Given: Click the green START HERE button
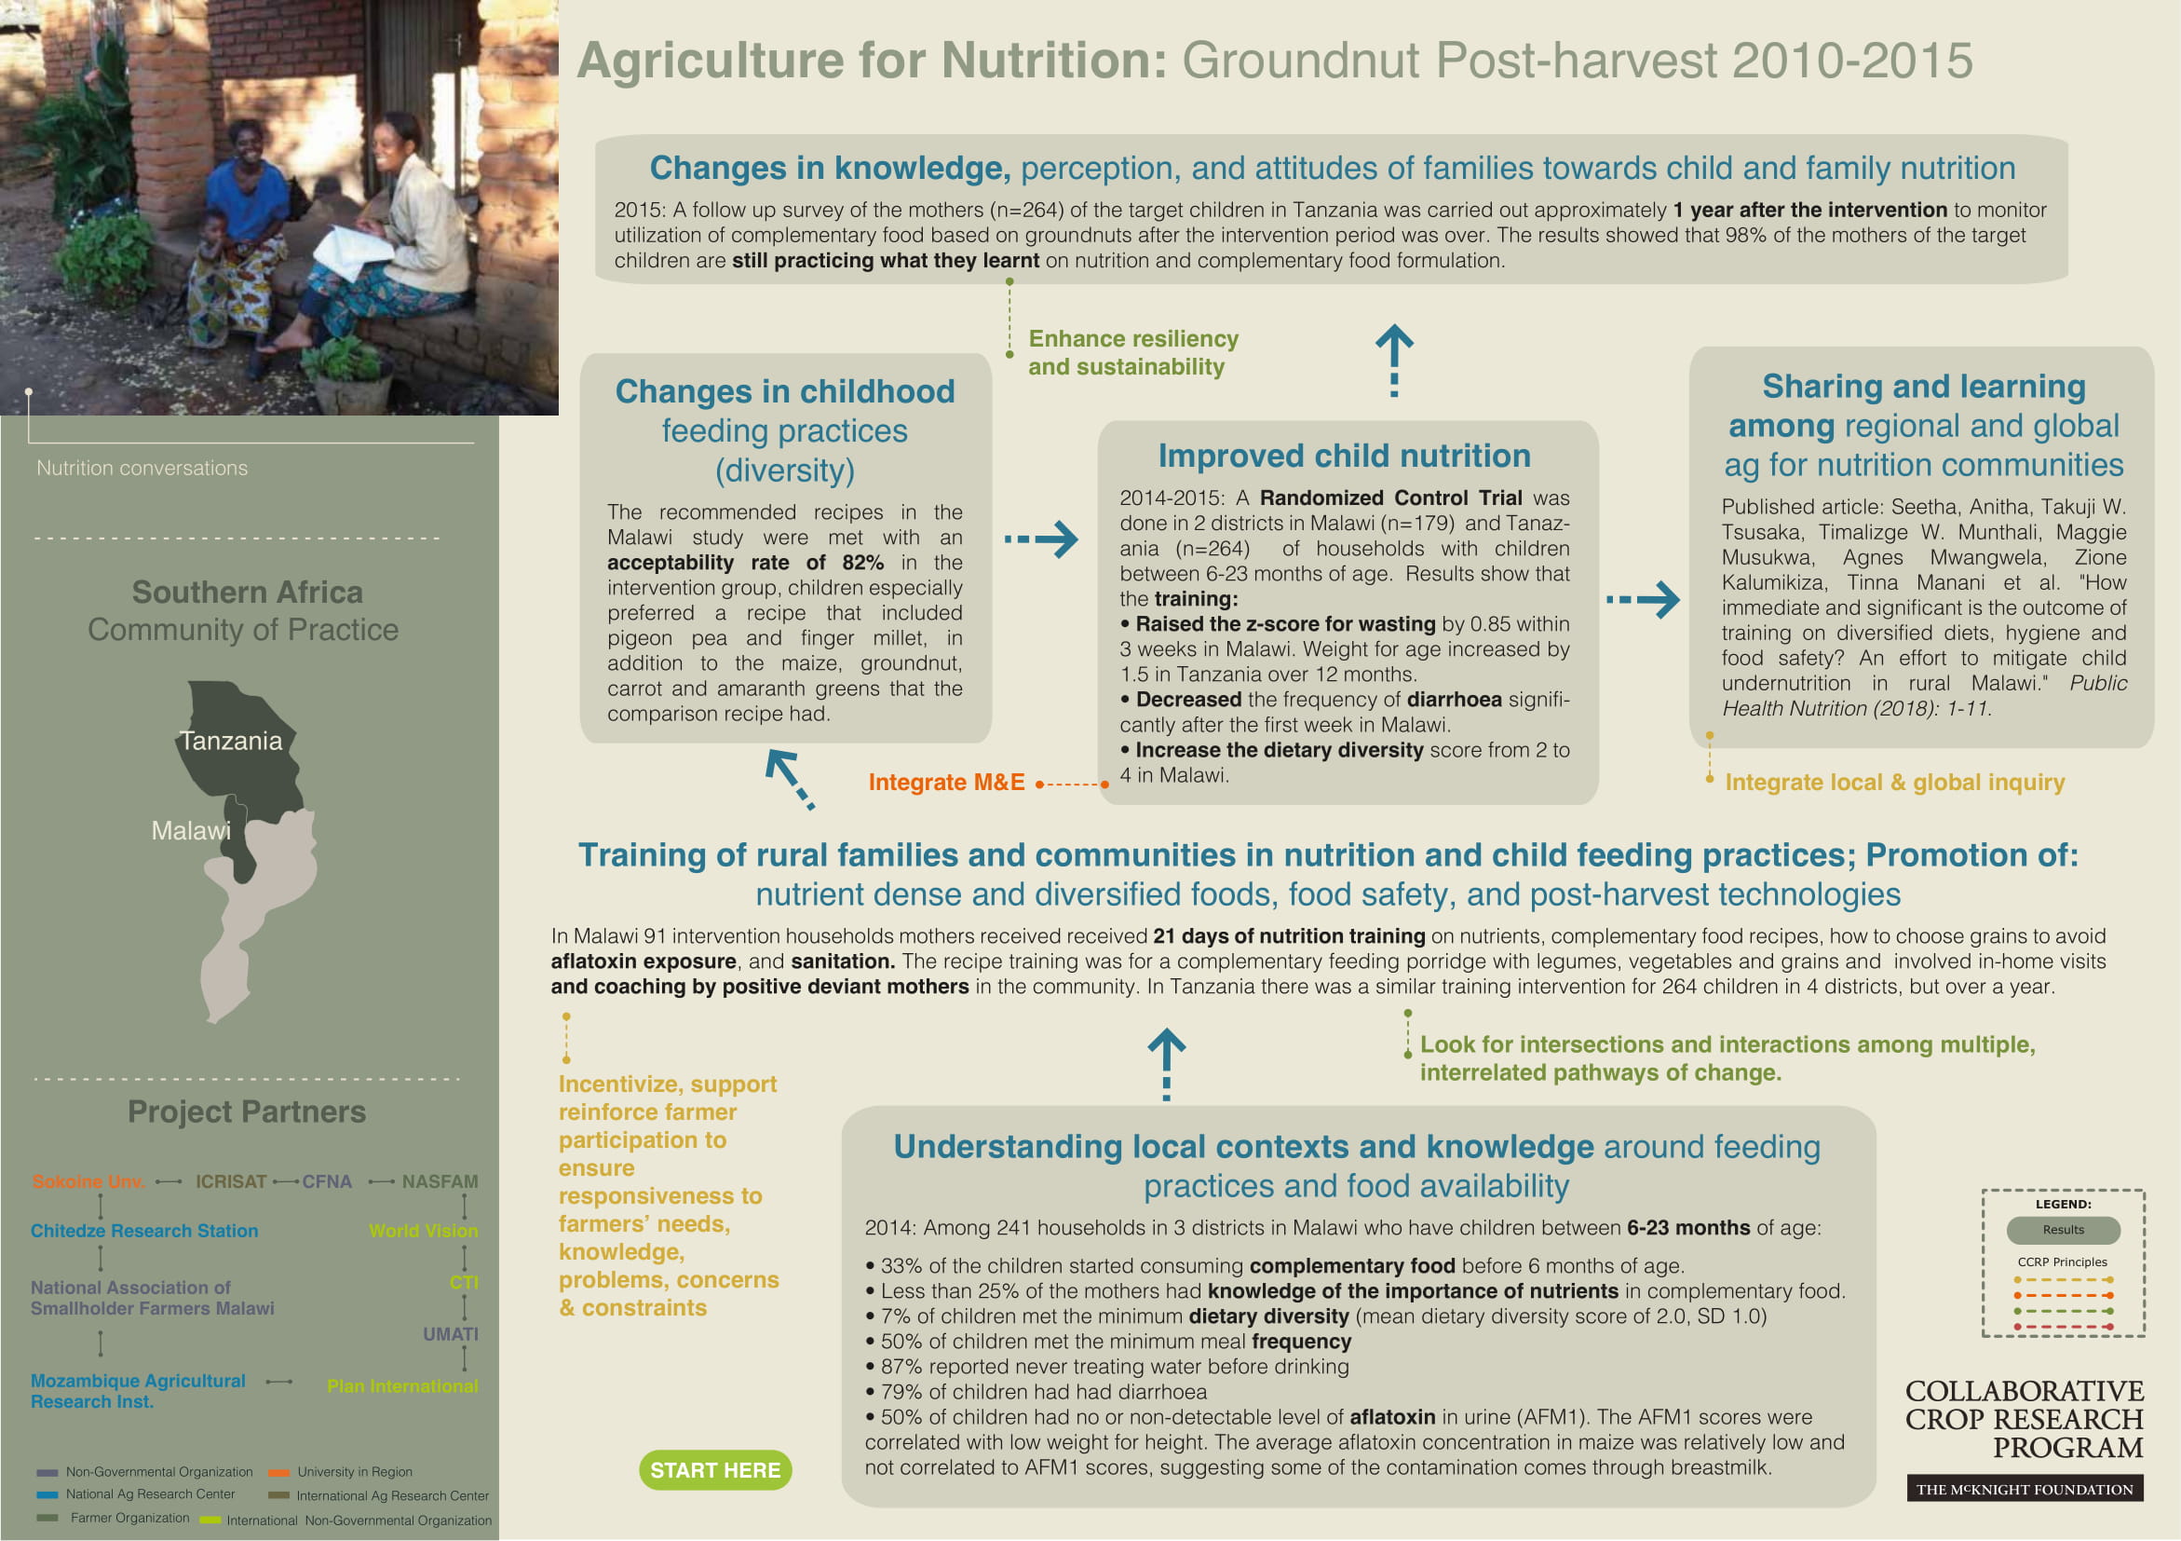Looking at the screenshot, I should pos(714,1470).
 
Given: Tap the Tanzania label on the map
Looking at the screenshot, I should pos(231,741).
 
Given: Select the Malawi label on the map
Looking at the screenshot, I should pos(191,831).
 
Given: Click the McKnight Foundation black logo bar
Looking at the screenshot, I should pos(2025,1489).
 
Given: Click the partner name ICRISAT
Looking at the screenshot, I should pos(231,1182).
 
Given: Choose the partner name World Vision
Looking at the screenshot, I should pos(423,1232).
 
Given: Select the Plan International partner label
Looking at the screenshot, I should pos(401,1386).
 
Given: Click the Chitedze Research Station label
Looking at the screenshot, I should pos(144,1232).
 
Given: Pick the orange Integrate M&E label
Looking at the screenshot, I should pos(946,783).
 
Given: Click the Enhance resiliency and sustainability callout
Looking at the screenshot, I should pos(1132,352).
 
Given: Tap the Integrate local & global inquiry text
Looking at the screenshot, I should pos(1894,783).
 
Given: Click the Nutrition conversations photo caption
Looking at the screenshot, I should pos(142,469).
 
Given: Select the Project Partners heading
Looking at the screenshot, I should pos(247,1111).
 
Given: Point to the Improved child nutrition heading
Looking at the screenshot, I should pos(1344,456).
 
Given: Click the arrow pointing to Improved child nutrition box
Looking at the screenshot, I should pos(1042,539).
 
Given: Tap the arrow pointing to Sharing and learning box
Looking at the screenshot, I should pos(1644,599).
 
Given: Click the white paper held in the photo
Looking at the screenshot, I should pos(352,252).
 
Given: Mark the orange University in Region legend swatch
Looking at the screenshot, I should pos(278,1473).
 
